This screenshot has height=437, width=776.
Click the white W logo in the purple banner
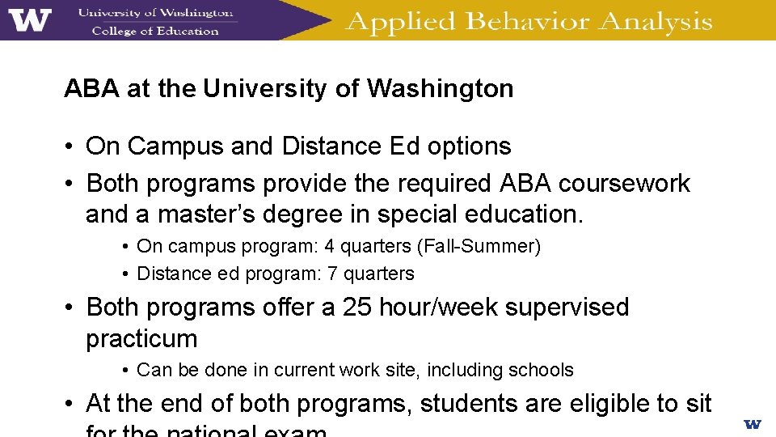[30, 19]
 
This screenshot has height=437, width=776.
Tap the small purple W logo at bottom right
[752, 423]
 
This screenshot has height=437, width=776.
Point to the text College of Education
[155, 32]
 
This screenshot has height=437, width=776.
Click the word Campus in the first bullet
[175, 146]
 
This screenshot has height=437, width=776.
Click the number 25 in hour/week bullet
[357, 308]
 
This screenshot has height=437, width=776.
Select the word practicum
[141, 338]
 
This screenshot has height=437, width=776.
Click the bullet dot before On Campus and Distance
[71, 147]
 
